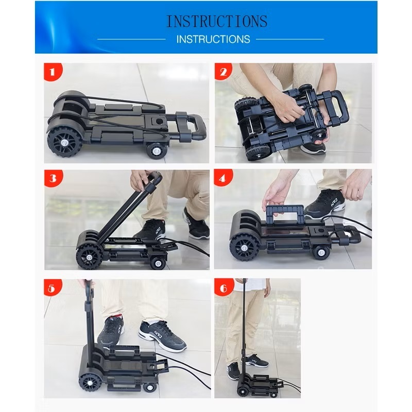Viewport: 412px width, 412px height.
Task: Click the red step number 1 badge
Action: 53,72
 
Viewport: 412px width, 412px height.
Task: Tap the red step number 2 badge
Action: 224,72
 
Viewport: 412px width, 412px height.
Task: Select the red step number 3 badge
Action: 53,178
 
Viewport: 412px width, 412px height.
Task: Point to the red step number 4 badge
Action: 223,178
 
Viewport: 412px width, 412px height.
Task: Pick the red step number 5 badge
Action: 52,288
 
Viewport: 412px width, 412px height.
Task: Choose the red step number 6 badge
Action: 224,288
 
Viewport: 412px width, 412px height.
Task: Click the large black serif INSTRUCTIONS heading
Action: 217,21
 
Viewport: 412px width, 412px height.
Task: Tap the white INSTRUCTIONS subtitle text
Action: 213,40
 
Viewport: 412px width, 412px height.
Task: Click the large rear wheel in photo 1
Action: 64,142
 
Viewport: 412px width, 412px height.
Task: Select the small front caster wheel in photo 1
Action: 157,151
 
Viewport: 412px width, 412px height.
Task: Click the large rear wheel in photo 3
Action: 88,256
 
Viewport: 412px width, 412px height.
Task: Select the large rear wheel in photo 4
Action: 244,248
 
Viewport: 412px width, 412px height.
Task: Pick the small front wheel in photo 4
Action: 320,253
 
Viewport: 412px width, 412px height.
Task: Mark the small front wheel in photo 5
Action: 150,387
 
